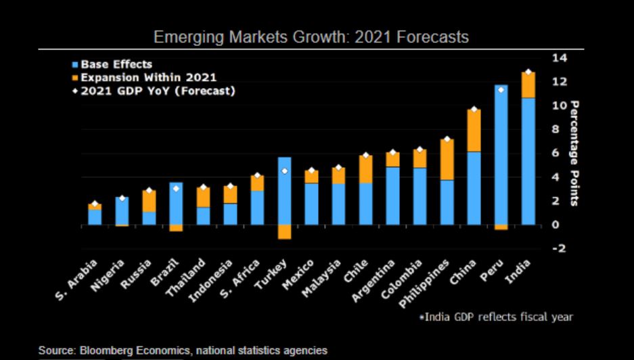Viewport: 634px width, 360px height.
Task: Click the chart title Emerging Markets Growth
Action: point(311,37)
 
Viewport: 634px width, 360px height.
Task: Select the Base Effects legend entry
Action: point(116,64)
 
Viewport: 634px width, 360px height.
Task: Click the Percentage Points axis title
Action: point(574,153)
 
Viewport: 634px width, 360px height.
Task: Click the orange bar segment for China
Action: point(474,130)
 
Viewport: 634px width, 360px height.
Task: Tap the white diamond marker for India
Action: point(528,72)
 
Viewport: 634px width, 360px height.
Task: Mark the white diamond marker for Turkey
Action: point(284,171)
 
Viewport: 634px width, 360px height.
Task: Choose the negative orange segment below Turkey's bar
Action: point(284,231)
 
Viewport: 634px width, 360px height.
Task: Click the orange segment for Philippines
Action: point(447,159)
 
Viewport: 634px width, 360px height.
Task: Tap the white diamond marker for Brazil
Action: point(176,188)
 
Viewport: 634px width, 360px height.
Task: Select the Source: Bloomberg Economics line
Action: point(183,351)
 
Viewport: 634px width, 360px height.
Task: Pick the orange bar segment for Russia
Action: point(149,200)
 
